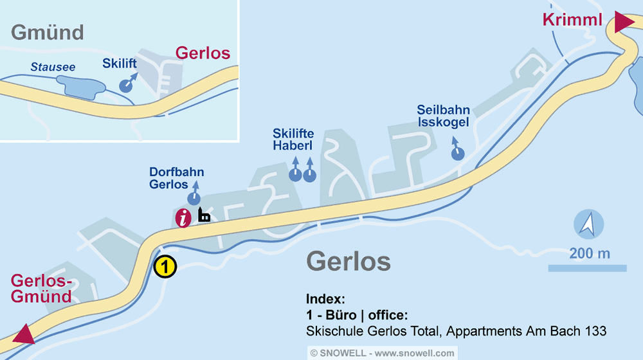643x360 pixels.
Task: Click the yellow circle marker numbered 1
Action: pos(165,266)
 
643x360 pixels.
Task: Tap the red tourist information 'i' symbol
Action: pos(184,218)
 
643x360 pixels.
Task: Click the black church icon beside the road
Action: pos(204,215)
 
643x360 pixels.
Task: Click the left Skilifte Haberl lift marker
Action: pos(295,174)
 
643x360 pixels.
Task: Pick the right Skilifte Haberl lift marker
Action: pos(310,174)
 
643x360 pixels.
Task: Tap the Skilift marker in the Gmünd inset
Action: pos(127,85)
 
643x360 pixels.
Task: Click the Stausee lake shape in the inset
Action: pos(80,86)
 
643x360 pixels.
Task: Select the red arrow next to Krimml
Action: pos(623,21)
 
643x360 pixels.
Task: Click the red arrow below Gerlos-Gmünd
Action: pos(24,334)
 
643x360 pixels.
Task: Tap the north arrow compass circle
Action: pos(588,225)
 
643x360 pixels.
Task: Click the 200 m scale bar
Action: pos(587,268)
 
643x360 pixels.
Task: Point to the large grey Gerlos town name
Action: pos(349,262)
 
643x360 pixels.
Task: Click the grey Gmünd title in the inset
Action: pos(48,32)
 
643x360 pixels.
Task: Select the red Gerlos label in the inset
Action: pos(203,53)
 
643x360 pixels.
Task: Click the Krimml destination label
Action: pos(572,20)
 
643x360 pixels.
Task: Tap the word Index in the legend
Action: pos(326,300)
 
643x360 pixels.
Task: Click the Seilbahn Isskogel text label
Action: pos(443,116)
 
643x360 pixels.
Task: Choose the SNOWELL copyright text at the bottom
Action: pos(382,353)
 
